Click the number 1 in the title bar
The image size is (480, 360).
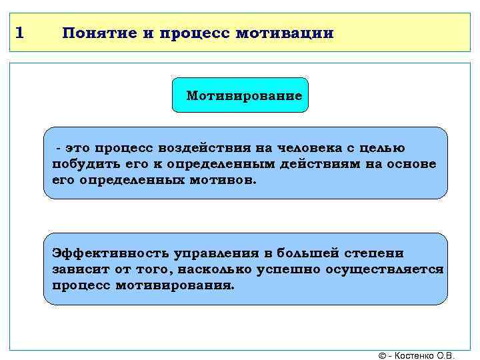tap(19, 33)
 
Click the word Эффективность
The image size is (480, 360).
tap(110, 253)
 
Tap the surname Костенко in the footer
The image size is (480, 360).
tap(417, 355)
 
